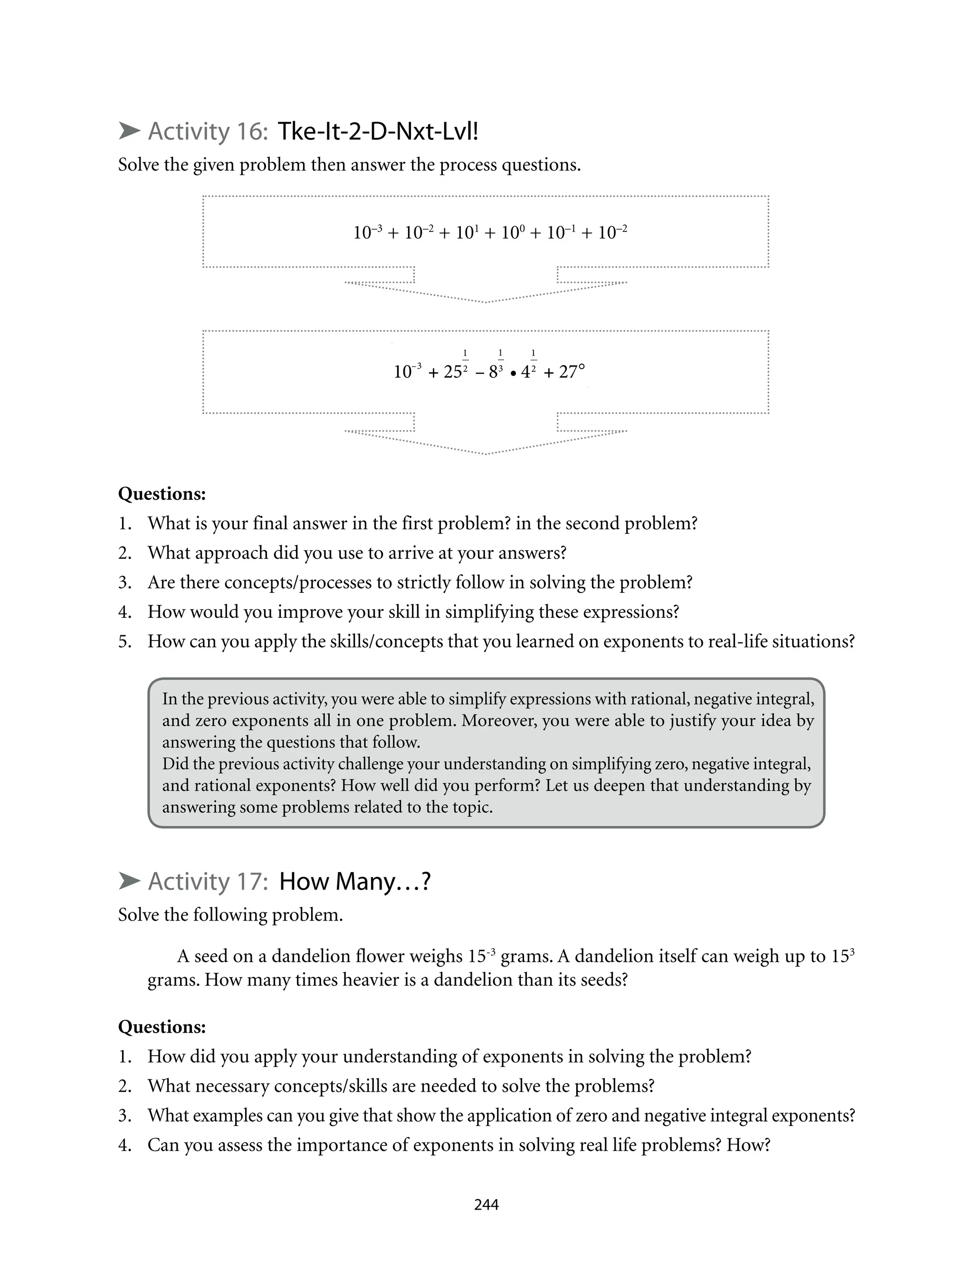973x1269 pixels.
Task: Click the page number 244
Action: click(486, 1205)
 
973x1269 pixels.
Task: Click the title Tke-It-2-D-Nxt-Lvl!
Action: click(378, 132)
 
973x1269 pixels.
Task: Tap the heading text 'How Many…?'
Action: click(354, 882)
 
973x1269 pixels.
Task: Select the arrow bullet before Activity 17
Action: click(129, 882)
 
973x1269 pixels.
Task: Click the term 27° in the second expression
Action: click(572, 371)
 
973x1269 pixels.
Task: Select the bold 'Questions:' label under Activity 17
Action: click(162, 1027)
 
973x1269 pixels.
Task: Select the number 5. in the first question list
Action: click(125, 641)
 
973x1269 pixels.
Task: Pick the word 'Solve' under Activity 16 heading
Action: click(138, 165)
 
